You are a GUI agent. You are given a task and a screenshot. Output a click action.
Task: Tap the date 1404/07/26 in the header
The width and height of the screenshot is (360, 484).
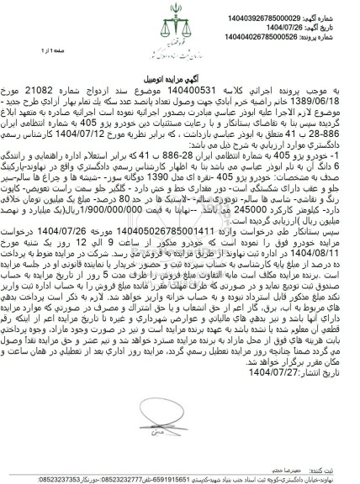pos(302,18)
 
